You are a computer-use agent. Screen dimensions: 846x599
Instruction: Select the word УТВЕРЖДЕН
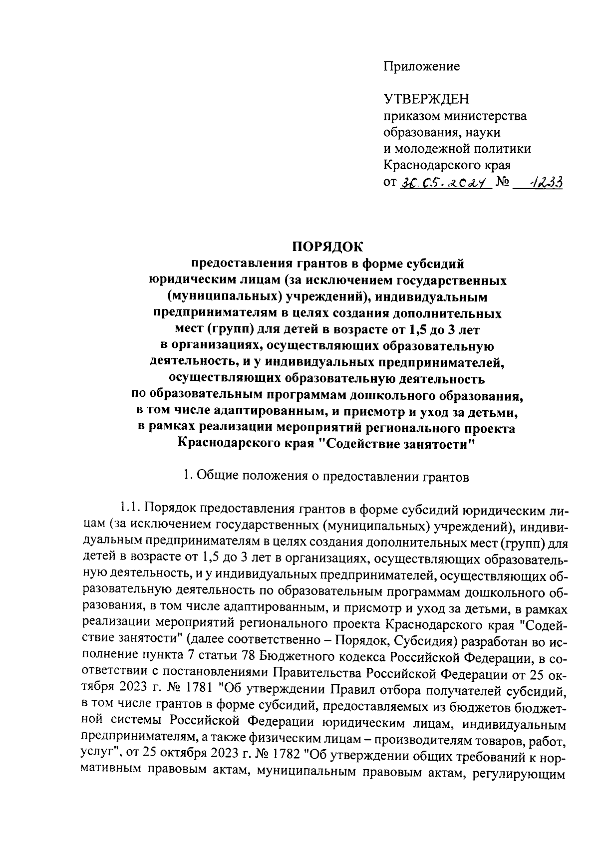tap(426, 99)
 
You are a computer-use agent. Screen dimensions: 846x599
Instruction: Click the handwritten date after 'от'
tap(443, 183)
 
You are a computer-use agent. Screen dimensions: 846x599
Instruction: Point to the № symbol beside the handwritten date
tap(503, 183)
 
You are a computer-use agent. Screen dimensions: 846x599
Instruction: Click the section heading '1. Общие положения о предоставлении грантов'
tap(326, 477)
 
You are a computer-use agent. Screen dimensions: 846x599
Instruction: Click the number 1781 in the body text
tap(199, 690)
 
